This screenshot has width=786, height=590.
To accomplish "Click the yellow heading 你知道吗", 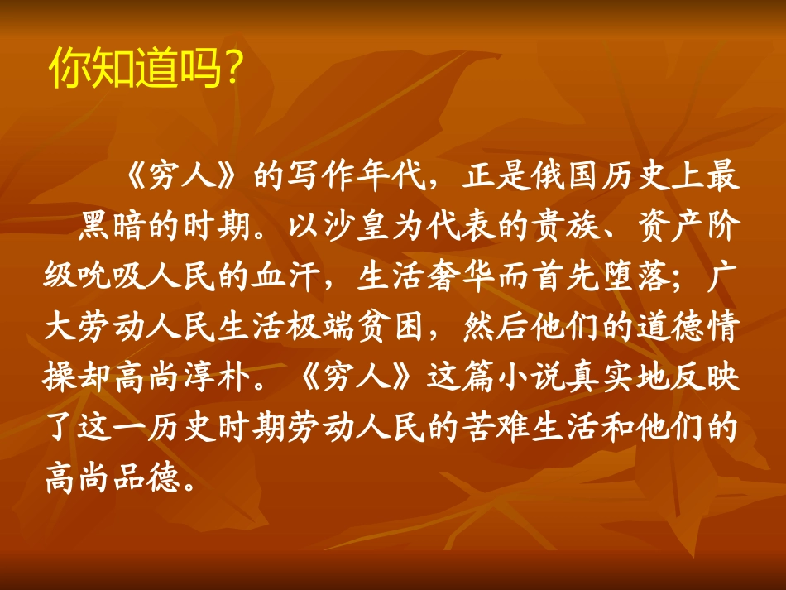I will coord(136,70).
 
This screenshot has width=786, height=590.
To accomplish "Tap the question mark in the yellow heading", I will coord(232,71).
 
